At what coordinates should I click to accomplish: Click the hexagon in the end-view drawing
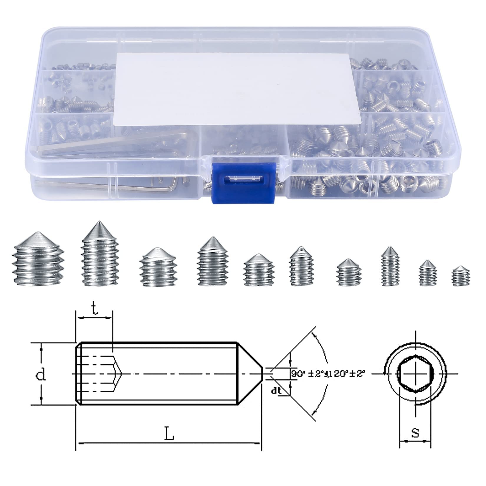[415, 373]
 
